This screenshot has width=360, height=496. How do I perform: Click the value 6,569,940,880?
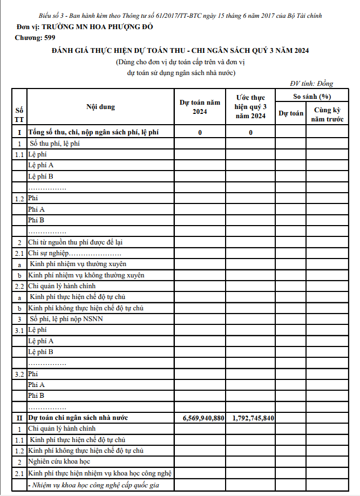pyautogui.click(x=200, y=418)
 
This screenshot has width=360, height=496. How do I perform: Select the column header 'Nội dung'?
pyautogui.click(x=100, y=107)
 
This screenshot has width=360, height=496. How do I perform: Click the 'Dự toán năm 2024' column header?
pyautogui.click(x=200, y=107)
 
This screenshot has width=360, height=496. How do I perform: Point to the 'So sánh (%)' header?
pyautogui.click(x=311, y=96)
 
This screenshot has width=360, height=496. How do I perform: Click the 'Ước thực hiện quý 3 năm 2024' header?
pyautogui.click(x=251, y=107)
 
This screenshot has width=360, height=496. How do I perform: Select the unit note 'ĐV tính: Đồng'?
pyautogui.click(x=311, y=83)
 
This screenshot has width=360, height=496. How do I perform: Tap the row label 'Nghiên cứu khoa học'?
pyautogui.click(x=59, y=462)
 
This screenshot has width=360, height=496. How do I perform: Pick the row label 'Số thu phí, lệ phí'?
pyautogui.click(x=55, y=144)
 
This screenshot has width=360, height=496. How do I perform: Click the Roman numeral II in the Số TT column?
pyautogui.click(x=19, y=418)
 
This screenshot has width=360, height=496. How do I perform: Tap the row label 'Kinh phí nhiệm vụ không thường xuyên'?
pyautogui.click(x=86, y=275)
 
